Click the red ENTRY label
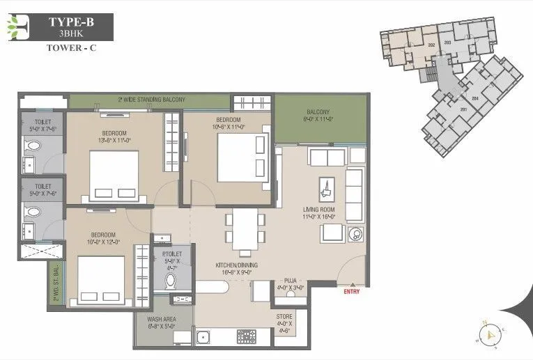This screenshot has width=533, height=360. (353, 292)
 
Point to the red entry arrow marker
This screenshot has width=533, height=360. (353, 285)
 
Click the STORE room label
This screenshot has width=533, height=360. (284, 321)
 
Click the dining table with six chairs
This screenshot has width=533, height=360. (245, 233)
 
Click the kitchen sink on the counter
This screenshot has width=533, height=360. (207, 340)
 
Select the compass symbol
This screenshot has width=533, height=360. (490, 334)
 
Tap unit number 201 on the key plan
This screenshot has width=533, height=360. (463, 109)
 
